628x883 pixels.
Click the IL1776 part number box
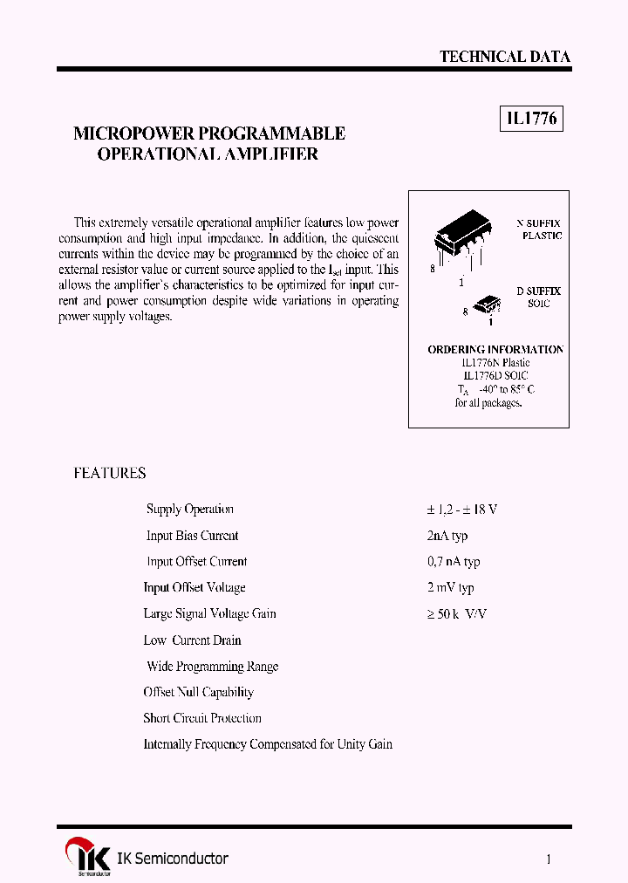[531, 120]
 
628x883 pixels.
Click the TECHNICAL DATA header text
[504, 57]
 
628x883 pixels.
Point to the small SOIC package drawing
[488, 305]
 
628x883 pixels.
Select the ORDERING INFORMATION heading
[495, 349]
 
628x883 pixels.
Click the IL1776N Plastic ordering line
[495, 362]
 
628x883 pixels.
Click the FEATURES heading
[109, 473]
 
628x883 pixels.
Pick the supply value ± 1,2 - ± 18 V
[461, 510]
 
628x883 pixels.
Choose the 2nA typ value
[447, 536]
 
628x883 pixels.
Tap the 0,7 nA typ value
[453, 562]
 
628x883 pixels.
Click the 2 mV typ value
[450, 588]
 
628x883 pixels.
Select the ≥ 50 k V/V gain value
[456, 614]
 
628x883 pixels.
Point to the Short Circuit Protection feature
[202, 718]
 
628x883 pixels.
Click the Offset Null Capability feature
[199, 692]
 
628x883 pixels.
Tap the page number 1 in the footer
[548, 859]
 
